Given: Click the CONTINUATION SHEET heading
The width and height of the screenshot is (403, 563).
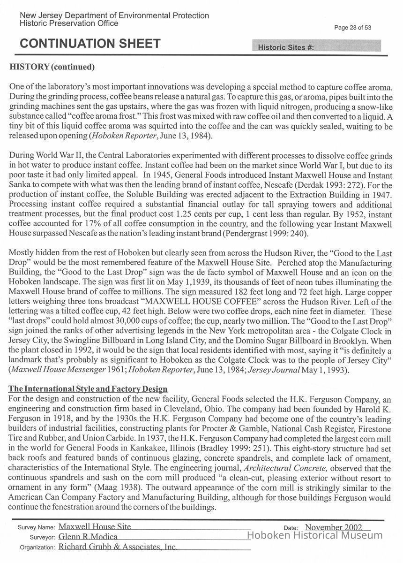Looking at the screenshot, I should pos(90,44).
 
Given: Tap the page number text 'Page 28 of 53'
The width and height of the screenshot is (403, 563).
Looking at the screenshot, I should pos(352,28).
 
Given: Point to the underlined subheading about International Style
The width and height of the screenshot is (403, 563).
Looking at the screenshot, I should pos(88,389).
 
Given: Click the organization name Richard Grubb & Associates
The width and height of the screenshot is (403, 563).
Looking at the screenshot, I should pos(118,547).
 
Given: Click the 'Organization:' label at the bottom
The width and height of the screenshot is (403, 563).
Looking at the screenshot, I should pos(37,547).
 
